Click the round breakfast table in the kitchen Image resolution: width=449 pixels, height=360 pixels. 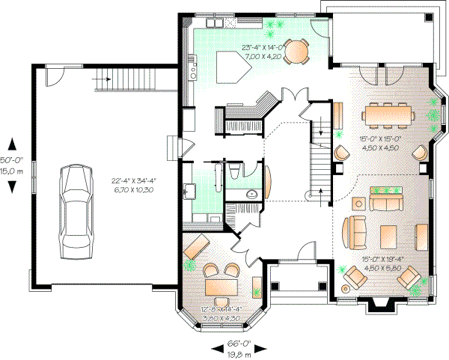298,52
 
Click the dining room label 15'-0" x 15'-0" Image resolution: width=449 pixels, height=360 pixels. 382,142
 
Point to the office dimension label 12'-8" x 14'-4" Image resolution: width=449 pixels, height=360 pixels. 222,313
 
